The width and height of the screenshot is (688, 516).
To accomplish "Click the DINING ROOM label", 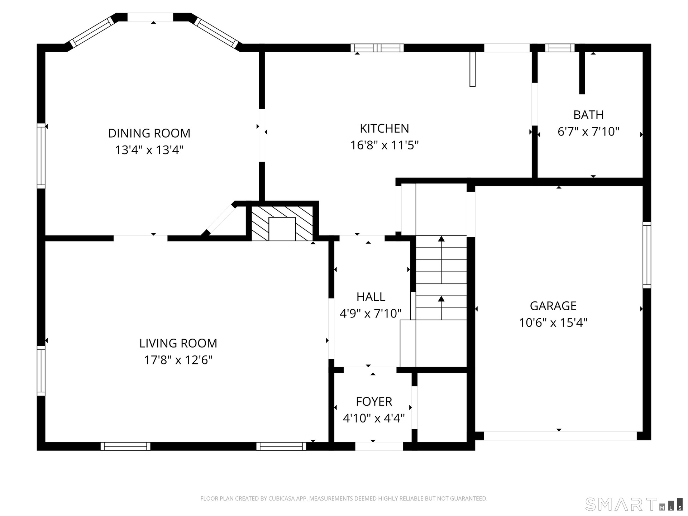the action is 149,133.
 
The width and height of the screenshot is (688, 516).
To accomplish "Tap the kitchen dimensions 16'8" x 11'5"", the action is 384,145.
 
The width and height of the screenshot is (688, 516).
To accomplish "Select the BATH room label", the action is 588,115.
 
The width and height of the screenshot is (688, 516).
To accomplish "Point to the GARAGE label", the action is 553,306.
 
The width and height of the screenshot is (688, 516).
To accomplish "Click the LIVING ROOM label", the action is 178,343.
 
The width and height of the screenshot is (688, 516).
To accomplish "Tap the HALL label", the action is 371,297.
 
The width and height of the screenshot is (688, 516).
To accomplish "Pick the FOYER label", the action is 374,401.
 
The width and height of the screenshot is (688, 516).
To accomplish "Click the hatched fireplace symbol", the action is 282,224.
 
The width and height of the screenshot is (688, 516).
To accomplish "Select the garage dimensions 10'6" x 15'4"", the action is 553,322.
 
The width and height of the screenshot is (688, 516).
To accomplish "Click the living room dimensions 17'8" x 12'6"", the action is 178,360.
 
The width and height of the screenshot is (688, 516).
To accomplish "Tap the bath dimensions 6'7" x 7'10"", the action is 588,132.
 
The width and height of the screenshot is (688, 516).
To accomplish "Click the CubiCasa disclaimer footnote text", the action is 344,498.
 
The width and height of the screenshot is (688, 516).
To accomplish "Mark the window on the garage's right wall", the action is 647,255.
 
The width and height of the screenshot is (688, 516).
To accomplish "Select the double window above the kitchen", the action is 377,48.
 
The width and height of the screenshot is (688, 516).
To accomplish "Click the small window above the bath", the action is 560,48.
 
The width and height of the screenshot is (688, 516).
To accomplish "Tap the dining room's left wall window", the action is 41,156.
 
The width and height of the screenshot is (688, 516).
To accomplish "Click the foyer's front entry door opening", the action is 379,446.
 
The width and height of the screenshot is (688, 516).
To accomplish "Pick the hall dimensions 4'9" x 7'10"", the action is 371,314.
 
